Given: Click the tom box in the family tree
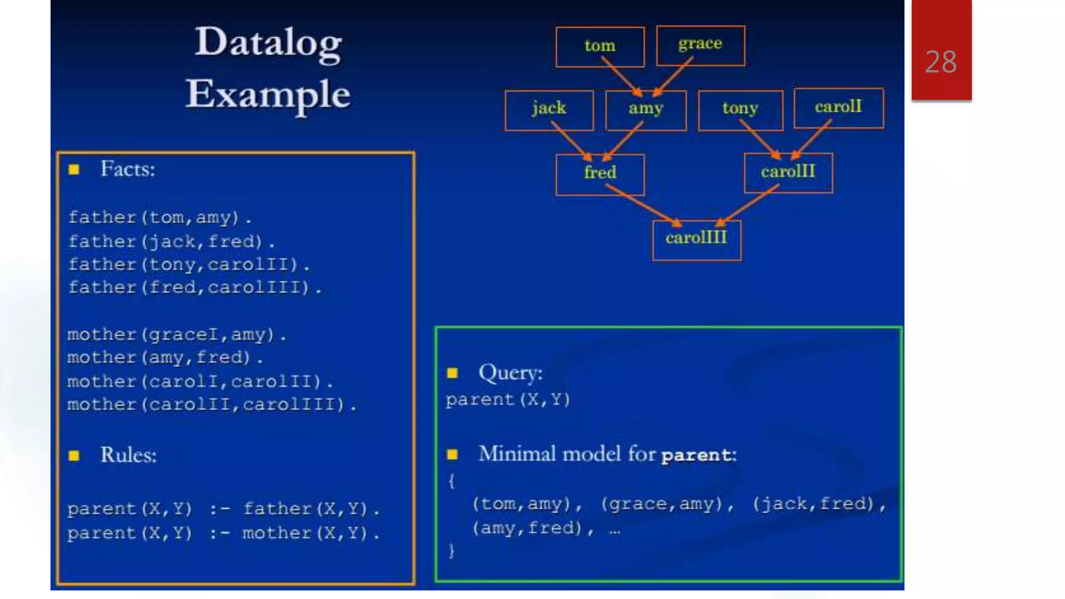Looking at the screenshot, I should [x=600, y=47].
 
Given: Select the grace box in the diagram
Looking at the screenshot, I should [x=700, y=45].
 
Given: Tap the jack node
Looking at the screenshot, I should [x=549, y=110].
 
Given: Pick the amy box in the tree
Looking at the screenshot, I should [x=645, y=110].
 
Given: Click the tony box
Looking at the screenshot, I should [x=739, y=110].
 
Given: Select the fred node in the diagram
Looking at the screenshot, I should [x=600, y=174].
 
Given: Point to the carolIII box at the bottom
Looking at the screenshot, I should [x=696, y=239].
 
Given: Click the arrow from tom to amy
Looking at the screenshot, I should [x=621, y=76].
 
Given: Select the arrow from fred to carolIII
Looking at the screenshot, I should [x=643, y=205].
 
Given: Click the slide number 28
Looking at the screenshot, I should [x=941, y=62].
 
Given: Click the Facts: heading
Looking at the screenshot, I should [x=127, y=170].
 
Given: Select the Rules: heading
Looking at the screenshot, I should [x=128, y=455].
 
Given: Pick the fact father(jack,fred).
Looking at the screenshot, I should [x=172, y=242].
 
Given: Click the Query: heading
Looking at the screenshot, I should [x=510, y=373].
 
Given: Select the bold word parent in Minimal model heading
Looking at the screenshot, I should [x=696, y=455].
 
